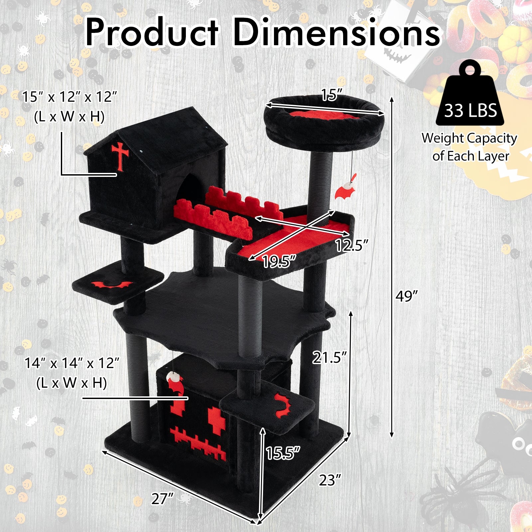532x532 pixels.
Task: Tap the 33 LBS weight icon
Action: [x=470, y=96]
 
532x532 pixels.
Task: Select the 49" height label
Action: [x=406, y=296]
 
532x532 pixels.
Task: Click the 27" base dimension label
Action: [x=163, y=499]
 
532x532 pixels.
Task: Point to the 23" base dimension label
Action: [x=330, y=480]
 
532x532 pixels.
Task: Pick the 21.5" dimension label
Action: [x=329, y=358]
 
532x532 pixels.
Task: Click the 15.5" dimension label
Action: [x=283, y=453]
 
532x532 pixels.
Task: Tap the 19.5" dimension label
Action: [x=279, y=262]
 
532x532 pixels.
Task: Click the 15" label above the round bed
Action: [x=330, y=95]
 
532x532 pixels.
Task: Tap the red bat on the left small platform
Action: [x=112, y=285]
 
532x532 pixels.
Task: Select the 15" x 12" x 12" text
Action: [x=70, y=97]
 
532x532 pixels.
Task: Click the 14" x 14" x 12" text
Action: [x=72, y=363]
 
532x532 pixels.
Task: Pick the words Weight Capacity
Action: [x=469, y=138]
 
